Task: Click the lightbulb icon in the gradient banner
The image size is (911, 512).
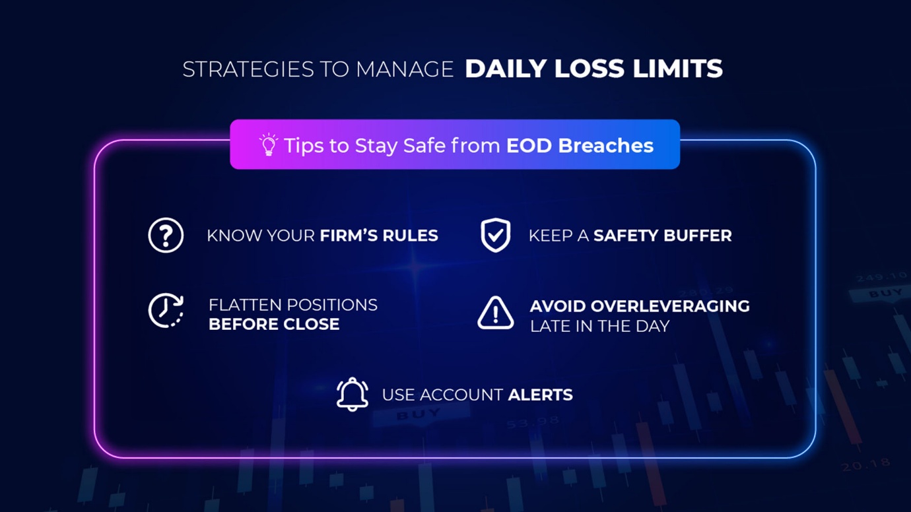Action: pos(269,144)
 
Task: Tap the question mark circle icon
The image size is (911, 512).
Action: pos(166,236)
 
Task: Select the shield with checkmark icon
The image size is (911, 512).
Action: pos(495,236)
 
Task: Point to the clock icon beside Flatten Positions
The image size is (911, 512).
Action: pos(166,311)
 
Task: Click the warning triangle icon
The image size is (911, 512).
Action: pos(495,313)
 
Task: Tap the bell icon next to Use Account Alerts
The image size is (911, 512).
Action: pos(353,394)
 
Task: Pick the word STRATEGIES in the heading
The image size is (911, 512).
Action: pos(248,69)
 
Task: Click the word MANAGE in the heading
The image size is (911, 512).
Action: pos(405,69)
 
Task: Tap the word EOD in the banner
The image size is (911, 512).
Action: pos(529,145)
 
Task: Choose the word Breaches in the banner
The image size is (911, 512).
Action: pos(606,145)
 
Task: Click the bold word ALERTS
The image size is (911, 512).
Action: pos(540,395)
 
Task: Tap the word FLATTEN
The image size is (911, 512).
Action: pos(244,305)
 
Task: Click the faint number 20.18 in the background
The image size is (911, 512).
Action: pos(865,464)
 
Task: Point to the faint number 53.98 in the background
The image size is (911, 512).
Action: pos(533,423)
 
